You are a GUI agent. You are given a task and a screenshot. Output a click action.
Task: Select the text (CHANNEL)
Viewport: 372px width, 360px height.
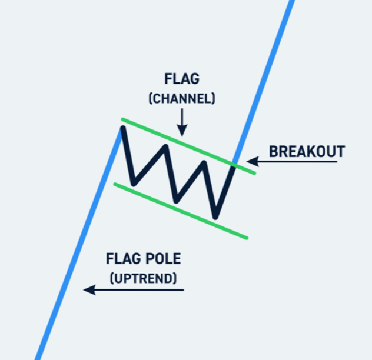182,98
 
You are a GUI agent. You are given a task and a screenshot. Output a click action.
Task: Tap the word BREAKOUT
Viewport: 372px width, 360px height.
307,151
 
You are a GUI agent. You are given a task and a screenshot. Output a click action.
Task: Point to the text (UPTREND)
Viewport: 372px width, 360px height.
143,278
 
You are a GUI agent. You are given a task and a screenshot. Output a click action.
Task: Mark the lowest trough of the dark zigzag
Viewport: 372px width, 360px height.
216,215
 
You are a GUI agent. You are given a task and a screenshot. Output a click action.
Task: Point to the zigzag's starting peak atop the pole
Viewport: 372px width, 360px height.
122,129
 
